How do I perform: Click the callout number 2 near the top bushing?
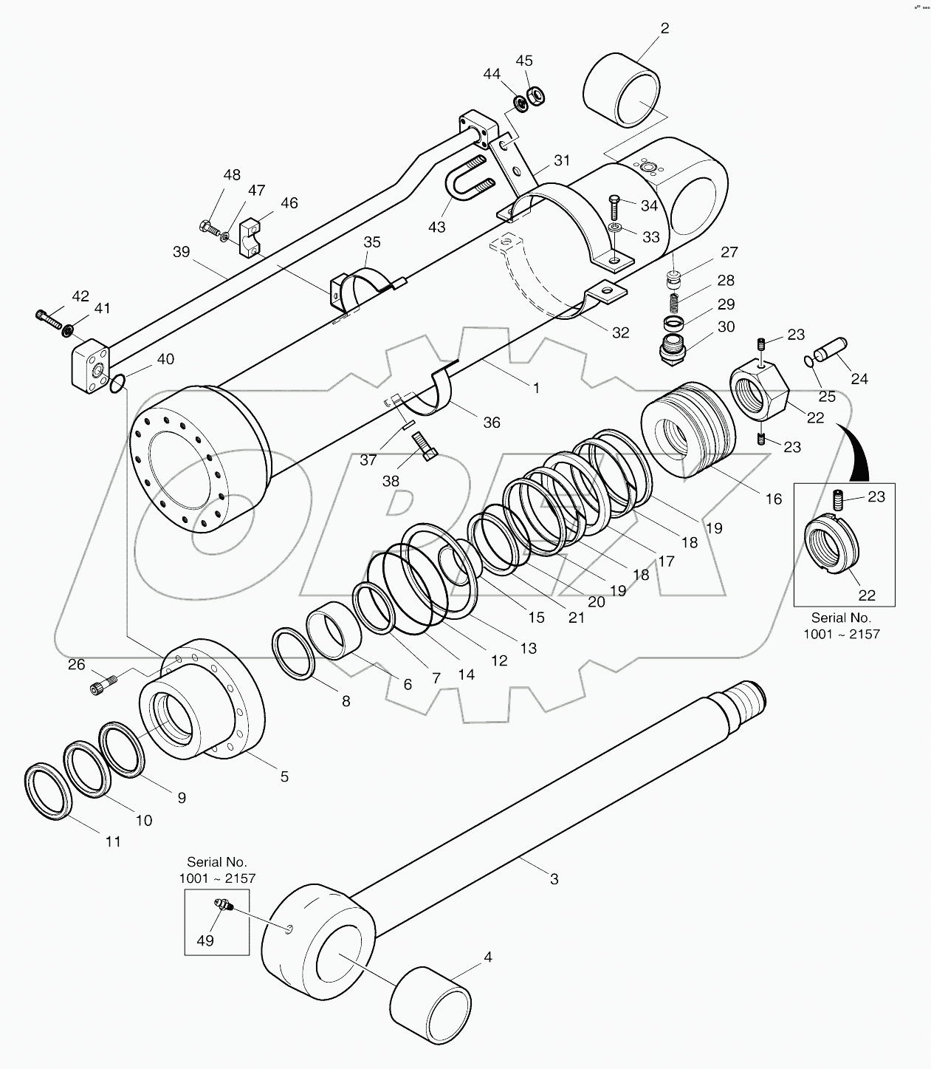(664, 29)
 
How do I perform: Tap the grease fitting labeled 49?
(221, 905)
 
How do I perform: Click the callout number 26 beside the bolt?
(77, 665)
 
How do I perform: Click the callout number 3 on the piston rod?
(554, 879)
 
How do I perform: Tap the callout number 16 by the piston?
(773, 499)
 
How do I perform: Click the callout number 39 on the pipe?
(182, 252)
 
